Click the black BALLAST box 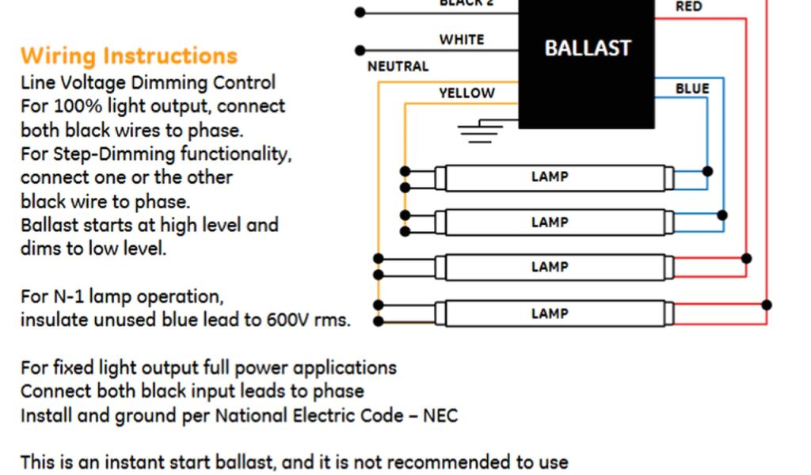click(587, 63)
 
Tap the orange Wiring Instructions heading click(129, 56)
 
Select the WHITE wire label click(462, 40)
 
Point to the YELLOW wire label click(466, 93)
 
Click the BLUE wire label click(691, 89)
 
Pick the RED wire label click(688, 7)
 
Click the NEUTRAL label click(398, 66)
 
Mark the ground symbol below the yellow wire click(481, 131)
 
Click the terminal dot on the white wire click(360, 50)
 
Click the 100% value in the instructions click(66, 107)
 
